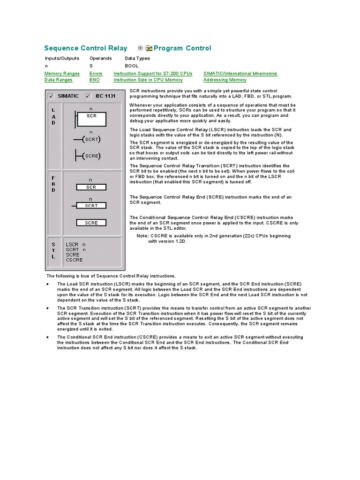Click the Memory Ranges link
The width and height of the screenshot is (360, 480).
coord(62,74)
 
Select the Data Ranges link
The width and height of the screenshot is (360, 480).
coord(59,80)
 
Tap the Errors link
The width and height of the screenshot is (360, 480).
coord(96,74)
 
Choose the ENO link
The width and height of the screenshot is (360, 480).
coord(94,80)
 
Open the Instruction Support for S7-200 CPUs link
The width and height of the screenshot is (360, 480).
coord(153,74)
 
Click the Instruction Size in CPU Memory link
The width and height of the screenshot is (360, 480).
coord(148,80)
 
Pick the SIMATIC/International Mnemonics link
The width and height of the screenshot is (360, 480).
coord(240,74)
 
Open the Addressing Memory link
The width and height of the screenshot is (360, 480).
coord(225,80)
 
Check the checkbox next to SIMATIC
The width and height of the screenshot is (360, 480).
coord(51,96)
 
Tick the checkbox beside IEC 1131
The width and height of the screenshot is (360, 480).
coord(88,96)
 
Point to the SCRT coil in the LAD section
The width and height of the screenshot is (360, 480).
coord(91,139)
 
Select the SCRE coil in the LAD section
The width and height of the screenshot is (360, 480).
coord(91,156)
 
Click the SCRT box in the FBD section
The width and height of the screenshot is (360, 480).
coord(91,205)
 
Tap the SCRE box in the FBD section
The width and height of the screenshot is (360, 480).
coord(91,223)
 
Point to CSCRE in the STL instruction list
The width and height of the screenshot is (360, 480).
coord(74,260)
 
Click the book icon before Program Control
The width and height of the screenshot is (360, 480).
coord(149,48)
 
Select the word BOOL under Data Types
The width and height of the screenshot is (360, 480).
coord(132,66)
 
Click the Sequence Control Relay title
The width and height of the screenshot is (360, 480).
coord(85,48)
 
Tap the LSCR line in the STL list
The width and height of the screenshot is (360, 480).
coord(75,245)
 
